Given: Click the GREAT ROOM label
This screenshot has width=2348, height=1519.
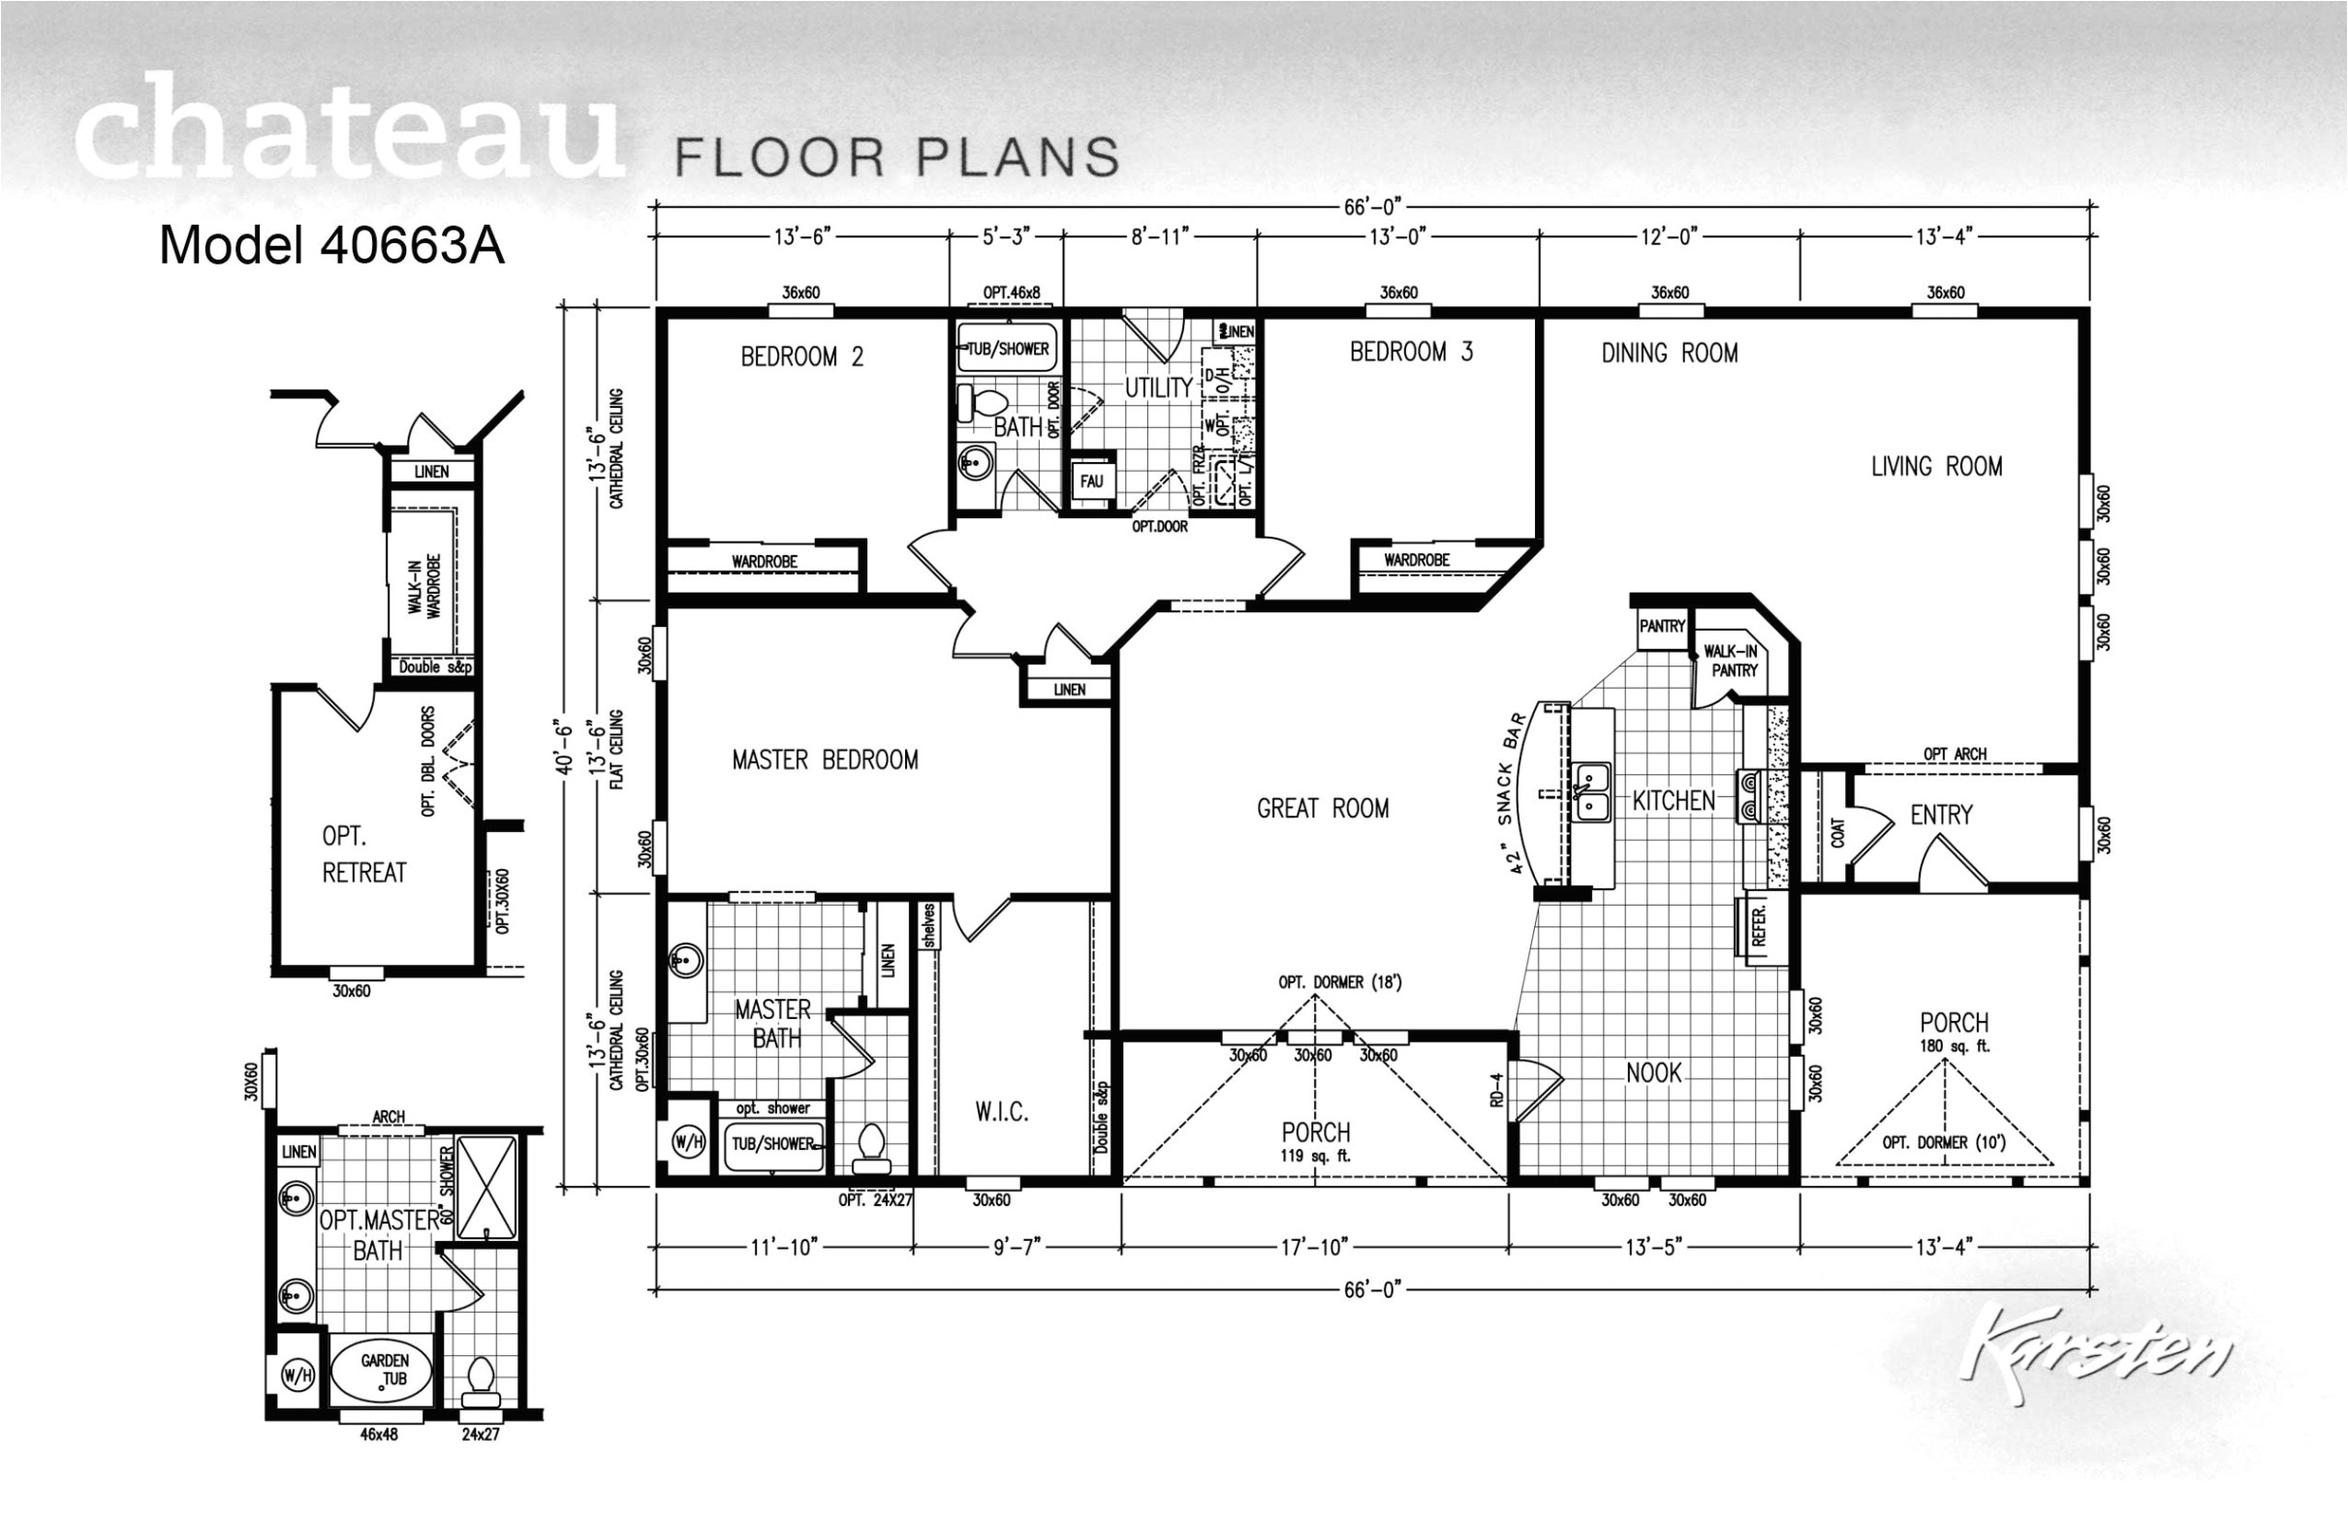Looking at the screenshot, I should point(1322,809).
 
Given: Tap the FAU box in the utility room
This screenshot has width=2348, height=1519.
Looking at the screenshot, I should point(1091,481).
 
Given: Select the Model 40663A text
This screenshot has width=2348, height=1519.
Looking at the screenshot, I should point(331,246).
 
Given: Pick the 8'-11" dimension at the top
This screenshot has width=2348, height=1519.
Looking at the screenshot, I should point(1160,236).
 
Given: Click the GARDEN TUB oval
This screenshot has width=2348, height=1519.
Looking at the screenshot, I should point(383,1369).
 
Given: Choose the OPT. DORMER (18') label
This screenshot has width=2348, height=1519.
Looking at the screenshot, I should point(1339,981).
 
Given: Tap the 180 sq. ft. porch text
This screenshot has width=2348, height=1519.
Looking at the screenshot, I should point(1954,1046).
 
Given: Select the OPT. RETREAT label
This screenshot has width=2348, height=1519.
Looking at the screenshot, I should point(363,854).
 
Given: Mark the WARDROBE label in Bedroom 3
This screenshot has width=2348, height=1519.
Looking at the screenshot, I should point(1417,560).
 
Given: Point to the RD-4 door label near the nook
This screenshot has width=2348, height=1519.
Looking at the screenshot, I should point(1496,1089).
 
